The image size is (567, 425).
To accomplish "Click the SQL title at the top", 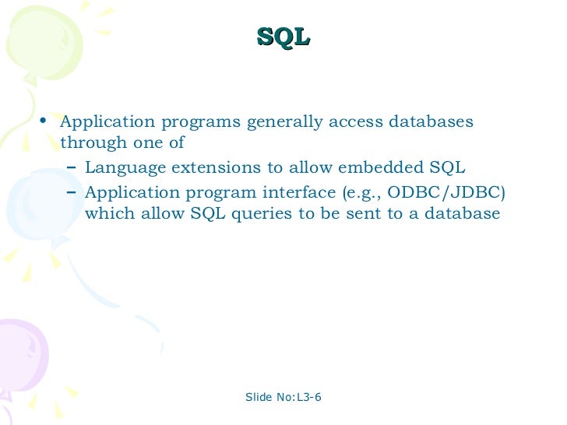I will [283, 37].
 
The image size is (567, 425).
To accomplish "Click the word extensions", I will [206, 167].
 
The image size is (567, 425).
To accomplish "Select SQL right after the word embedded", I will [447, 167].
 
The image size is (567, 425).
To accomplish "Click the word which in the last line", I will [109, 214].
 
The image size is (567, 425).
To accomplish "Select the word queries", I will [260, 214].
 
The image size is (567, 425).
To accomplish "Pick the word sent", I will [350, 214].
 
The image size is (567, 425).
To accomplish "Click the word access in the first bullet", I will [348, 123].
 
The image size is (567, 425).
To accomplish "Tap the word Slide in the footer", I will [259, 398].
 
